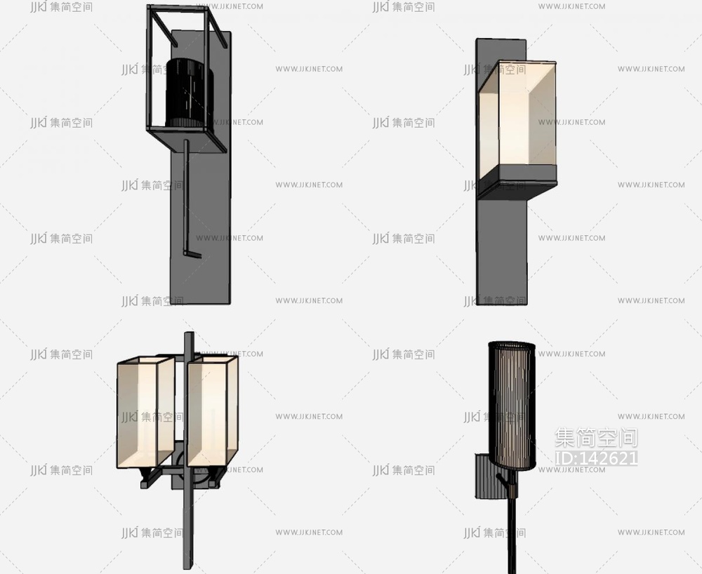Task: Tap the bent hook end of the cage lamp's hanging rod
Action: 193,255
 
